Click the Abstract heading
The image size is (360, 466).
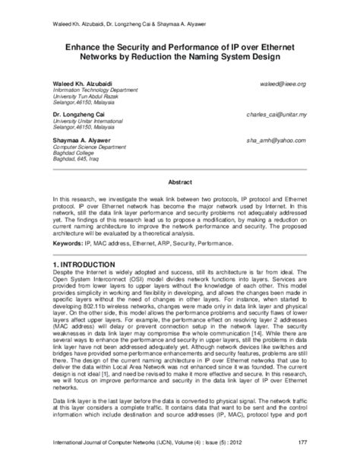point(179,182)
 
